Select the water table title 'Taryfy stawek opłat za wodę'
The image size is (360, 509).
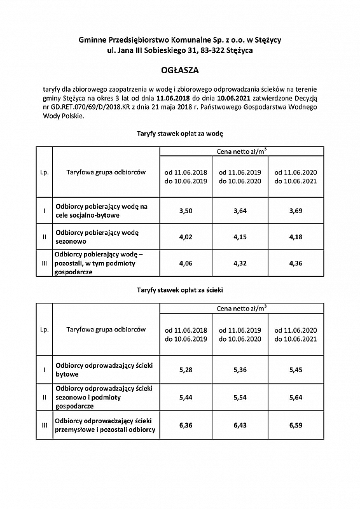[179, 134]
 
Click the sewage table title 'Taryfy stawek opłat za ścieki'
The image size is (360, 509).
[179, 289]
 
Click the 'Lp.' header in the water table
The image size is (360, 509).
[44, 172]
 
